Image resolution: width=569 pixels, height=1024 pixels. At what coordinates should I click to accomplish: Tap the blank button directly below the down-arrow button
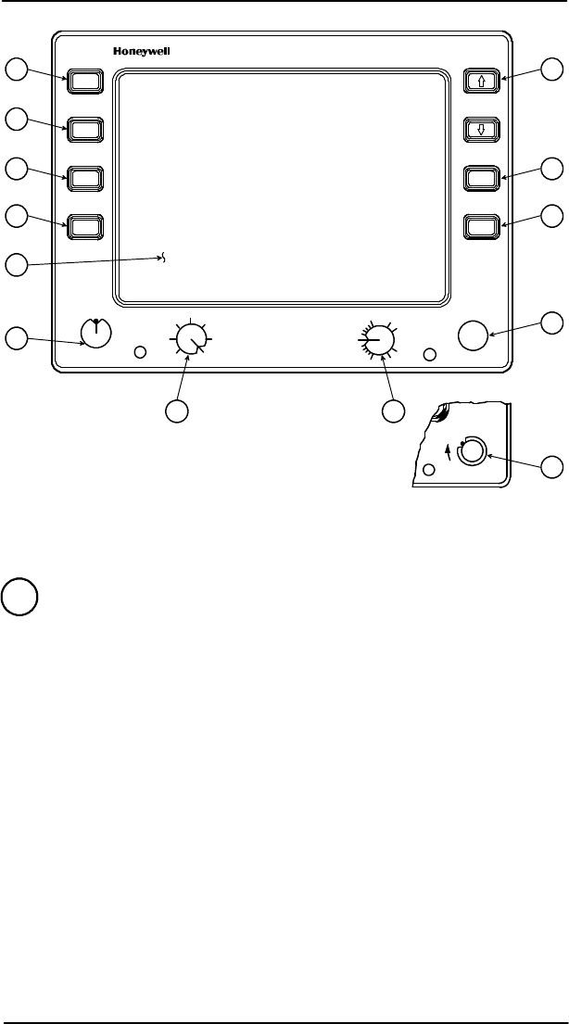[482, 177]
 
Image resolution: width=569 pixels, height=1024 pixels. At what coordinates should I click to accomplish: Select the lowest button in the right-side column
[482, 225]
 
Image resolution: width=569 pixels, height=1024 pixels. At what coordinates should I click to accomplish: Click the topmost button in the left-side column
[83, 81]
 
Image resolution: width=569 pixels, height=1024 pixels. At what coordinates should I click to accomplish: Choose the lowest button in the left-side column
[83, 225]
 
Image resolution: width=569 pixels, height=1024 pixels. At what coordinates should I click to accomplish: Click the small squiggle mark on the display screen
[165, 259]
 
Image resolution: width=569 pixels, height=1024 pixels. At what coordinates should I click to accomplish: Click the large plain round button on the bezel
[474, 335]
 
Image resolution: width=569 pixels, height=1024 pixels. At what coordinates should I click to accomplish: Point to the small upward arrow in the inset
[449, 450]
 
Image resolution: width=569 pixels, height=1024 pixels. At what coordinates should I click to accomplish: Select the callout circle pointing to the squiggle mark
[16, 265]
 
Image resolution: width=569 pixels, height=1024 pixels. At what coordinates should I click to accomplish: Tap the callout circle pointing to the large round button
[552, 322]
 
